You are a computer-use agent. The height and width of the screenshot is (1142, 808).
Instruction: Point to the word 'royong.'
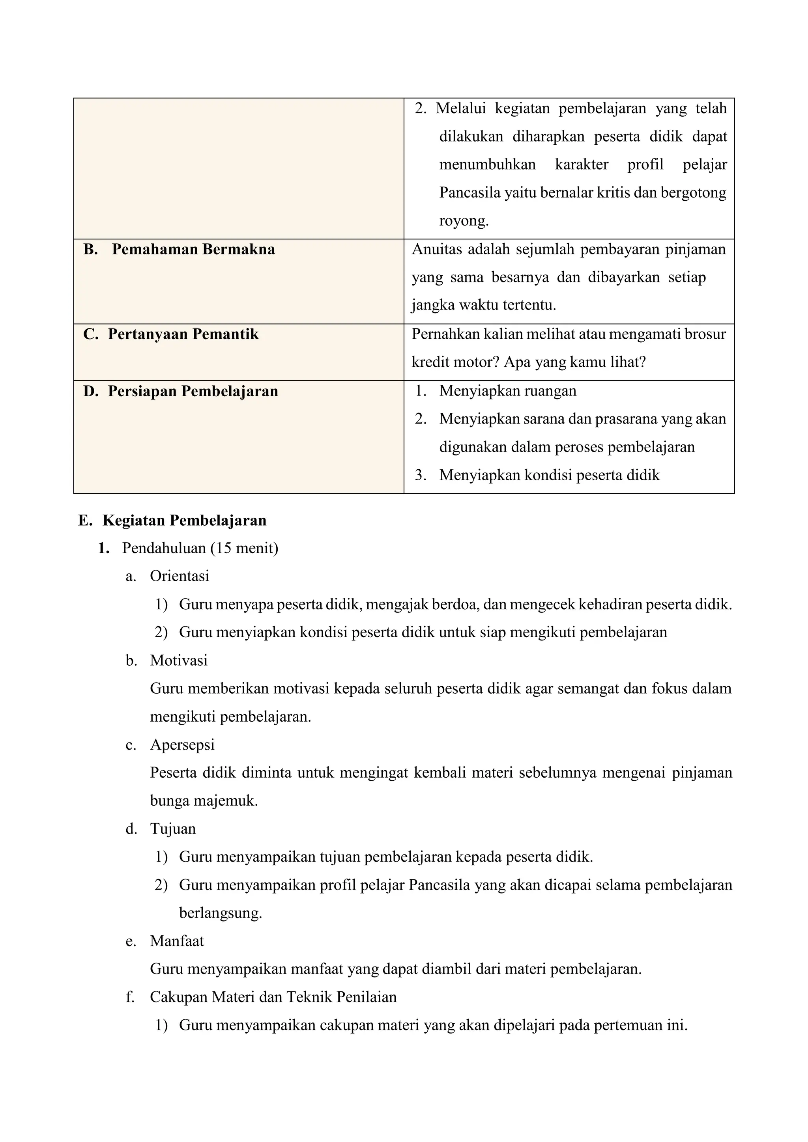(464, 220)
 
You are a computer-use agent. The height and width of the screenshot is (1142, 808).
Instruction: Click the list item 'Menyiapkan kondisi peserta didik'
(549, 475)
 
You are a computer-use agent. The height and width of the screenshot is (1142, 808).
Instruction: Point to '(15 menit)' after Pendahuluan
(244, 548)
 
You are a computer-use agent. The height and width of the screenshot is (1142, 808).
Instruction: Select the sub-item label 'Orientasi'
(180, 576)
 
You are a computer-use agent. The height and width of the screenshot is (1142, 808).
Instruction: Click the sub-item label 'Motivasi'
(179, 661)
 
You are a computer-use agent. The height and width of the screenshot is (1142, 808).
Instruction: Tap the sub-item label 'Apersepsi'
(182, 745)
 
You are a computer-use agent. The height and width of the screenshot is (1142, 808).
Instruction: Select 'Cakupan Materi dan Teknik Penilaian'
(273, 997)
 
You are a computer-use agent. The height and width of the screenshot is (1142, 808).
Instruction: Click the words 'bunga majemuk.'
(204, 801)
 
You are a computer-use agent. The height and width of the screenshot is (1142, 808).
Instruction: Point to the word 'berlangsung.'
(221, 913)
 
